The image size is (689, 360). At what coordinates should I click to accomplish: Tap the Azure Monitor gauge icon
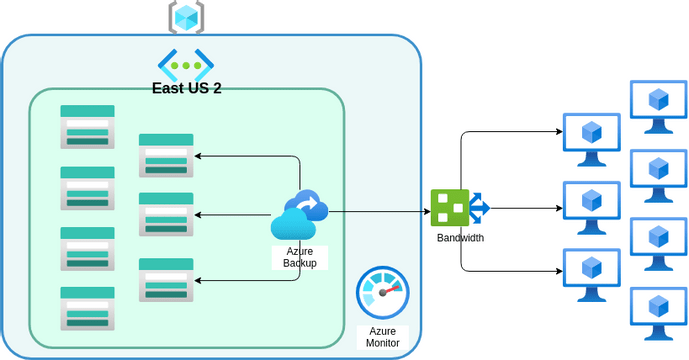[383, 294]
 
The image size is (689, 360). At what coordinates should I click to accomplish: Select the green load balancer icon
[451, 207]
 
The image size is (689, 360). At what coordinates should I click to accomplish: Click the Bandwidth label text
[460, 238]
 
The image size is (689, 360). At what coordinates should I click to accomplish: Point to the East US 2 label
[187, 87]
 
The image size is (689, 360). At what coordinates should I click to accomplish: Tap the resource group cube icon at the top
[186, 15]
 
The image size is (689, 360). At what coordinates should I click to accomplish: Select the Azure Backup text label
[300, 257]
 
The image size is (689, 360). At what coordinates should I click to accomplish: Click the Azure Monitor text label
[383, 336]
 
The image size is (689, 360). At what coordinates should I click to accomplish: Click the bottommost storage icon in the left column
[87, 308]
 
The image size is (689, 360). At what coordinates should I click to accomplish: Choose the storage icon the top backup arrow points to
[166, 155]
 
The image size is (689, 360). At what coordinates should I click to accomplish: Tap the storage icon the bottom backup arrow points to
[166, 280]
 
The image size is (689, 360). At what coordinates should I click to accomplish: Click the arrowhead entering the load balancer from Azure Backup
[425, 212]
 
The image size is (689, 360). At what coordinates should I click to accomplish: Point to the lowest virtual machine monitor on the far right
[658, 313]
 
